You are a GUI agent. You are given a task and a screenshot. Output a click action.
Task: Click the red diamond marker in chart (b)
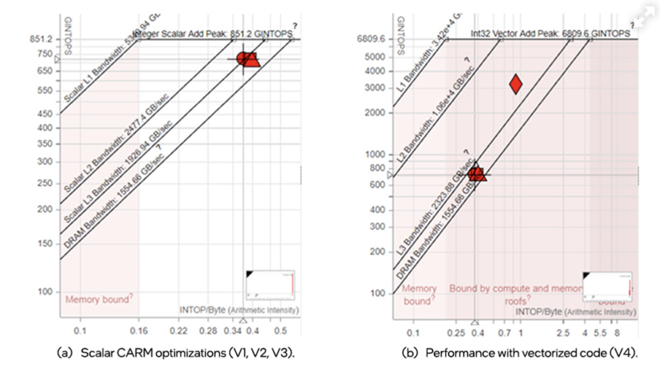(516, 84)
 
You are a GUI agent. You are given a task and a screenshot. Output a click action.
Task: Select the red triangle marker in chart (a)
(252, 59)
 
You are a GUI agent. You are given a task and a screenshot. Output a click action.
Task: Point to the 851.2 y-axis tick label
(41, 39)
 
